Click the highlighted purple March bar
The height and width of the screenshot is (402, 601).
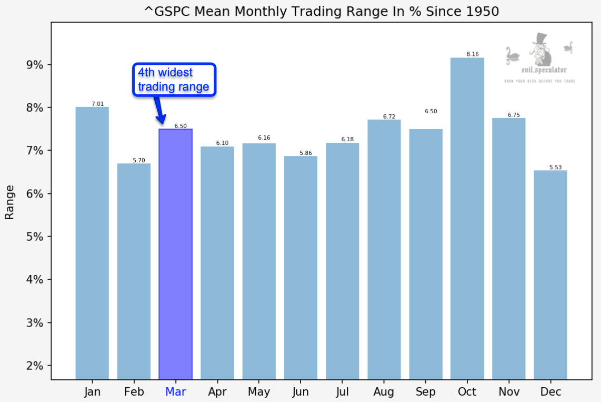(175, 253)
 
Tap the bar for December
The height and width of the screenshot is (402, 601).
(550, 274)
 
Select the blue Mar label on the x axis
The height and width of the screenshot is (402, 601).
(175, 391)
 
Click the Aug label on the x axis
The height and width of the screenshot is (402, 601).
(384, 391)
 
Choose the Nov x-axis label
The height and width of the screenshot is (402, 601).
(508, 391)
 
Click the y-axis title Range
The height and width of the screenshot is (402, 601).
(9, 202)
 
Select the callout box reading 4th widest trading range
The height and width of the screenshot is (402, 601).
(174, 80)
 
